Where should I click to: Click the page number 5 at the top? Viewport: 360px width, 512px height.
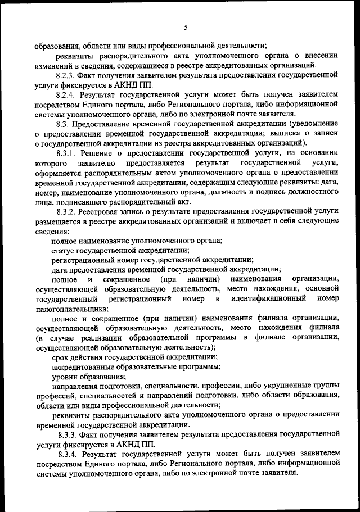coord(184,28)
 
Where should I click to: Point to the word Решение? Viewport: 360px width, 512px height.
coord(96,153)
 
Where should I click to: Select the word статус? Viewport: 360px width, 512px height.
coord(64,250)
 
